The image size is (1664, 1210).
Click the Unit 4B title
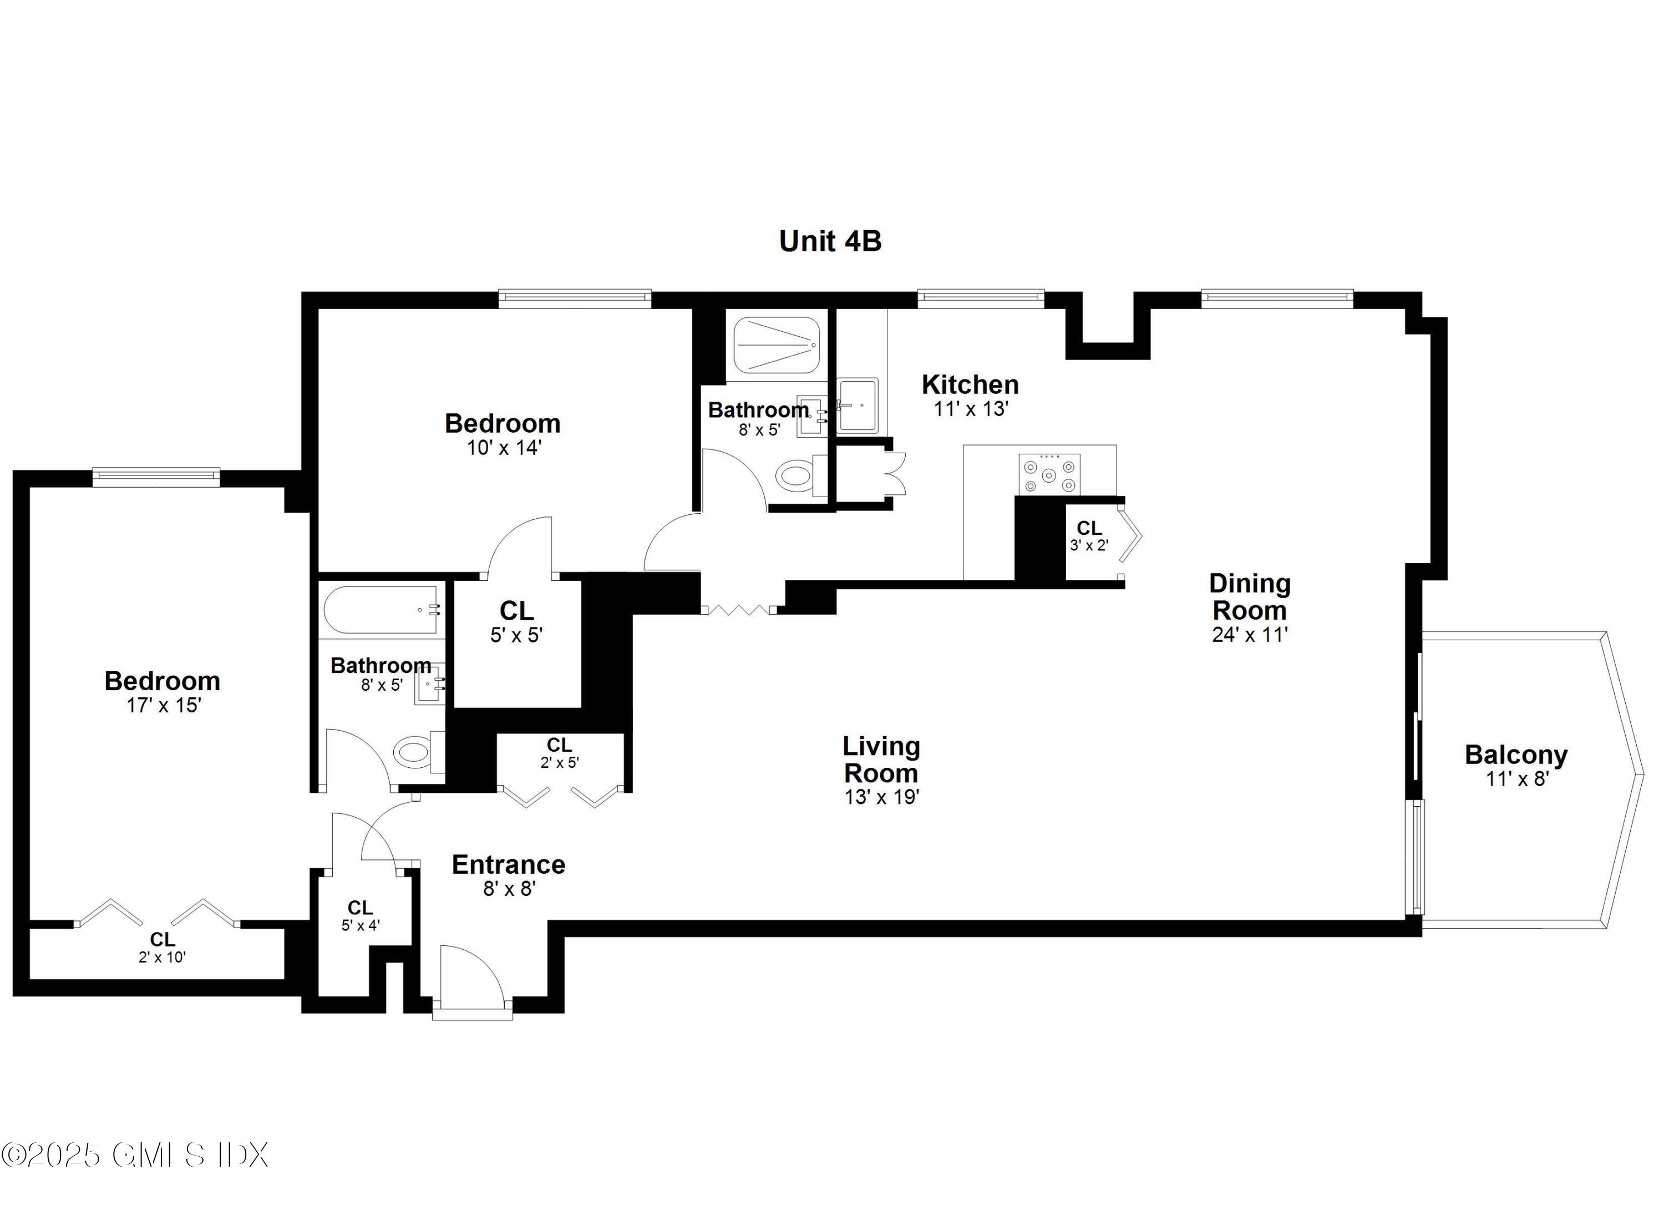tap(830, 241)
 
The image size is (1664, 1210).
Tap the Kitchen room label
tap(970, 384)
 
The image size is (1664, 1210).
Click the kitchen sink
tap(858, 405)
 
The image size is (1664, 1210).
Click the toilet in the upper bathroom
tap(796, 476)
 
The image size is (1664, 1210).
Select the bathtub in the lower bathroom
tap(382, 609)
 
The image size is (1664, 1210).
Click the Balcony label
tap(1516, 755)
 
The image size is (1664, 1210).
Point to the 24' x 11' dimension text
tap(1250, 635)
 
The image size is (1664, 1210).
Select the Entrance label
tap(509, 864)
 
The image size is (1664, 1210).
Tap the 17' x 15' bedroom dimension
tap(163, 705)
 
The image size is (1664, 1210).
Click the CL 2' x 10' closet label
tap(162, 946)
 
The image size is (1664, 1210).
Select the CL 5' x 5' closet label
tap(516, 621)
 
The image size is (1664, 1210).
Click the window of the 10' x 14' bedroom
tap(575, 297)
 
